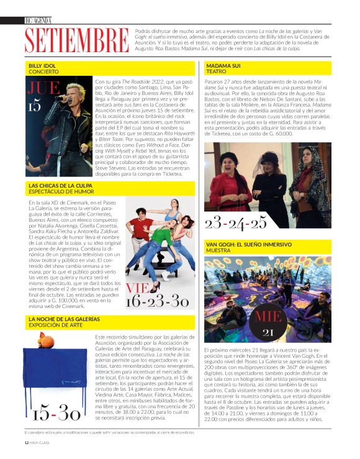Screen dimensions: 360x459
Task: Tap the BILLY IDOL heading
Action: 43,65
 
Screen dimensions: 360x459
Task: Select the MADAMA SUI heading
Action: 224,65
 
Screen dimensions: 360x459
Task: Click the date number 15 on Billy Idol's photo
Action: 35,106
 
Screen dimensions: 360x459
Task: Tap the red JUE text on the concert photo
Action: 43,88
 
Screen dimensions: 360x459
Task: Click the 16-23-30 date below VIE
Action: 156,301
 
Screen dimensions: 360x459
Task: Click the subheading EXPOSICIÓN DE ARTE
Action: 56,325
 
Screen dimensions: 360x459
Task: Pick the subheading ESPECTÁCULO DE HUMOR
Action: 60,191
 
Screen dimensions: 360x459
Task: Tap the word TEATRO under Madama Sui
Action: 216,71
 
